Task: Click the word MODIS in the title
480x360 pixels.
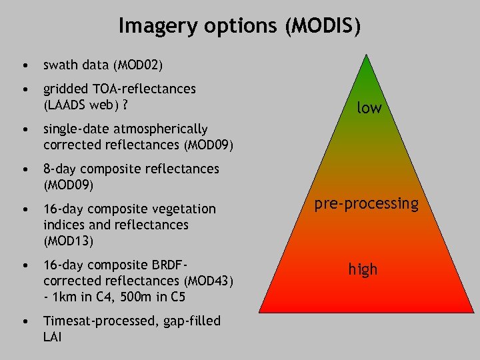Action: [323, 27]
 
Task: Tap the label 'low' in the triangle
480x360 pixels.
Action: [369, 107]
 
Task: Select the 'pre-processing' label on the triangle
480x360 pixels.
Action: [367, 203]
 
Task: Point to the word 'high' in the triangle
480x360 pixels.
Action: [363, 269]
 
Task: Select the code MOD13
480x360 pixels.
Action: [69, 241]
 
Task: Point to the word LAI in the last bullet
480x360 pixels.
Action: [53, 337]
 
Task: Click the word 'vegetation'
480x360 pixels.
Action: [181, 209]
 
